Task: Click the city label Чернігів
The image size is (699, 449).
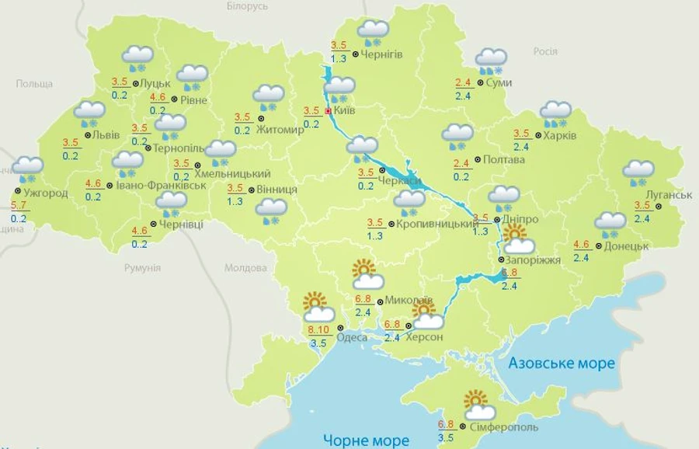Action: coord(381,54)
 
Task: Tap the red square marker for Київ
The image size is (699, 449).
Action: coord(328,111)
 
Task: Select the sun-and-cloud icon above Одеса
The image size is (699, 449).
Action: coord(318,308)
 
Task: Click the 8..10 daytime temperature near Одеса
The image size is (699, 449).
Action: coord(318,329)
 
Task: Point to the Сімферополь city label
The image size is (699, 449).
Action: coord(503,427)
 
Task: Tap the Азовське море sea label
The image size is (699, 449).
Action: coord(561,363)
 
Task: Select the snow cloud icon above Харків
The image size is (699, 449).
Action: coord(555,113)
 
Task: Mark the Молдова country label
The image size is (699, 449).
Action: coord(245,268)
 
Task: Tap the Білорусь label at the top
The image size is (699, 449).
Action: coord(247,6)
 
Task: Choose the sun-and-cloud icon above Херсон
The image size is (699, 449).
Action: coord(427,316)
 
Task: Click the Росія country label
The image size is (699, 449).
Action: coord(545,51)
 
